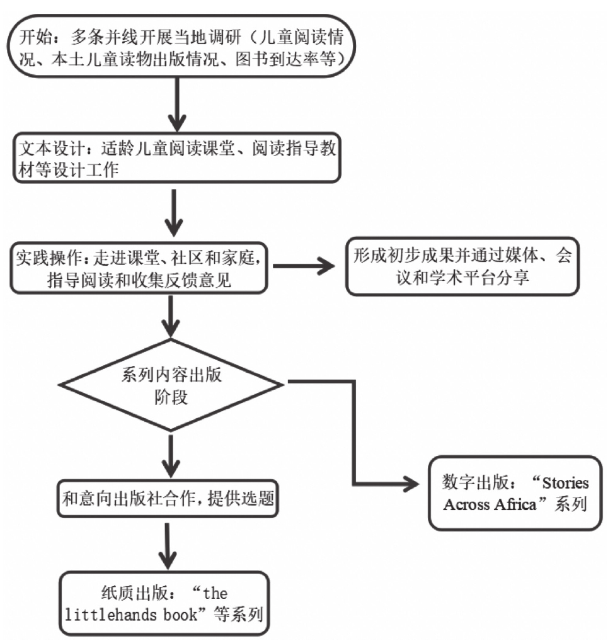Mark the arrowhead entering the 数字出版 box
pyautogui.click(x=413, y=484)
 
